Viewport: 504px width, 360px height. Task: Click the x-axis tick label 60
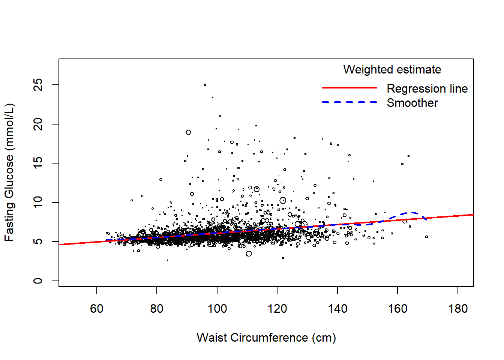[x=97, y=309]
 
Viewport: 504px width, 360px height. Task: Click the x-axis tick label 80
[x=157, y=309]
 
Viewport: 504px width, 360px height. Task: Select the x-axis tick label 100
[x=217, y=309]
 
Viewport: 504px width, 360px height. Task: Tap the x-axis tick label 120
[x=277, y=309]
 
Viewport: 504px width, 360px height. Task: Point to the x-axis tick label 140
[x=337, y=309]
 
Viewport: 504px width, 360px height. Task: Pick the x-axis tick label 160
[x=397, y=309]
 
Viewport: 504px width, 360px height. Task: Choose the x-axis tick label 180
[x=458, y=309]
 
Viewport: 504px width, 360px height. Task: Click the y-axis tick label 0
[x=38, y=281]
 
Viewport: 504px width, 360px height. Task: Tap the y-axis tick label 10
[x=38, y=202]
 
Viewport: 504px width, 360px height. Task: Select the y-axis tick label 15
[x=38, y=163]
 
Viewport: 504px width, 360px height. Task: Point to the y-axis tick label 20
[x=38, y=124]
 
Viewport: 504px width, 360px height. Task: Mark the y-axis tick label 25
[x=38, y=85]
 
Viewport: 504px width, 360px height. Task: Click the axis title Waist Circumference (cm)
[x=266, y=337]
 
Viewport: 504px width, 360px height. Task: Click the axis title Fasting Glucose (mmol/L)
[x=9, y=172]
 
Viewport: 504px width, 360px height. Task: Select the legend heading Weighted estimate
[x=392, y=69]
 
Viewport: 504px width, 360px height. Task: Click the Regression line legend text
[x=427, y=88]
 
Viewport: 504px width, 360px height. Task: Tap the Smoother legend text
[x=412, y=103]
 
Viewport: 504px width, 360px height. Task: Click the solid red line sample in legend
[x=349, y=88]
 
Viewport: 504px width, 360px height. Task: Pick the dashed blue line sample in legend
[x=349, y=102]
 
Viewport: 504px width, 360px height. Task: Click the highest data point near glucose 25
[x=205, y=85]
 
